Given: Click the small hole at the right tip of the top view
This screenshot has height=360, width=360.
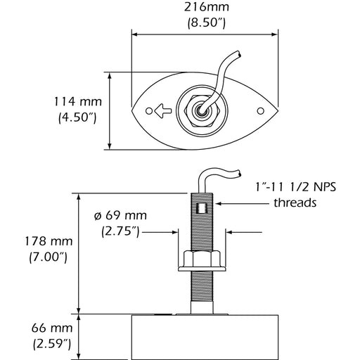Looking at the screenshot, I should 259,111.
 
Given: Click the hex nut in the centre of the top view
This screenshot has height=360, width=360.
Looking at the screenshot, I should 201,110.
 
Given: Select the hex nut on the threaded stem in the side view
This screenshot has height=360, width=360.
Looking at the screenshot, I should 202,260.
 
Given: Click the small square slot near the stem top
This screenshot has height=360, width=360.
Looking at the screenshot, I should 202,207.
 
